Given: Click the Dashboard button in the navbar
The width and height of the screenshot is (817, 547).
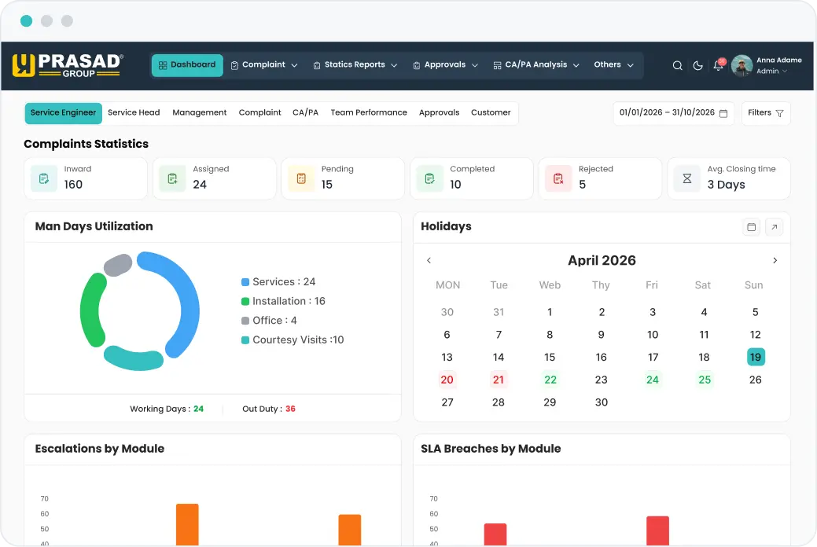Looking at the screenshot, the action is (187, 65).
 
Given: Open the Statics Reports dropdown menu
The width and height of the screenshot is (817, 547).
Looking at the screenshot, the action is (355, 65).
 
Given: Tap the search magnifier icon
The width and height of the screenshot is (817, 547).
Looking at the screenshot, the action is (677, 66).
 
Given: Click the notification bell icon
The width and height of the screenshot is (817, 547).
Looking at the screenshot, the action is (718, 65).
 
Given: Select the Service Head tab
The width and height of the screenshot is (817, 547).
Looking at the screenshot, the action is (134, 112).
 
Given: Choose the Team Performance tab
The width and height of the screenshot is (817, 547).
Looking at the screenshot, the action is (369, 112).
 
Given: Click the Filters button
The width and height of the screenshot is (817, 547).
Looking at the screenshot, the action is (765, 113).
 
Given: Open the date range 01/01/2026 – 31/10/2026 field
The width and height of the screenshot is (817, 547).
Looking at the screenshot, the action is (672, 113).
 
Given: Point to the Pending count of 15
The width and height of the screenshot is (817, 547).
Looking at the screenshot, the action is (326, 185).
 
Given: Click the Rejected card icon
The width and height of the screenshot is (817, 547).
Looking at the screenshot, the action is (558, 178).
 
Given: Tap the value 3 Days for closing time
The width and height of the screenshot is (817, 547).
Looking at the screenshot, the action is (726, 185).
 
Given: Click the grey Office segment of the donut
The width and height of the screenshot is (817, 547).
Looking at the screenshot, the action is (118, 265).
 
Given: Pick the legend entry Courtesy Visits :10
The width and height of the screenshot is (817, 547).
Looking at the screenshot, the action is (293, 340).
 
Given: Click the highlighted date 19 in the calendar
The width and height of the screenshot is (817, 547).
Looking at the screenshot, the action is (755, 357).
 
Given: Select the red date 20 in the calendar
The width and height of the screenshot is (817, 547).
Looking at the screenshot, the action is (447, 380).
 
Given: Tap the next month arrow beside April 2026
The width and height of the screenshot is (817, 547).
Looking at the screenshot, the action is (775, 260).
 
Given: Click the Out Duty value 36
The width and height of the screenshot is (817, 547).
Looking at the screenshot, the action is (290, 409).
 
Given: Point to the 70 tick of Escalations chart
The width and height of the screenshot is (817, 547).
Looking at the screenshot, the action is (44, 498).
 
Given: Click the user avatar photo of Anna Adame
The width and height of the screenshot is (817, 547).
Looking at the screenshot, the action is (742, 66).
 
